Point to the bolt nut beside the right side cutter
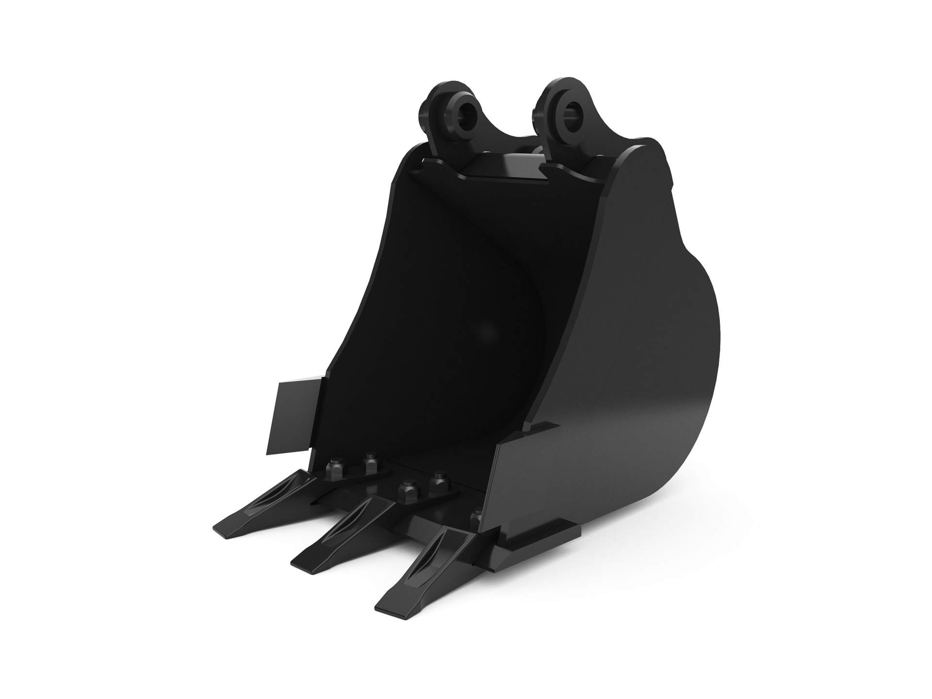point(477,518)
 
